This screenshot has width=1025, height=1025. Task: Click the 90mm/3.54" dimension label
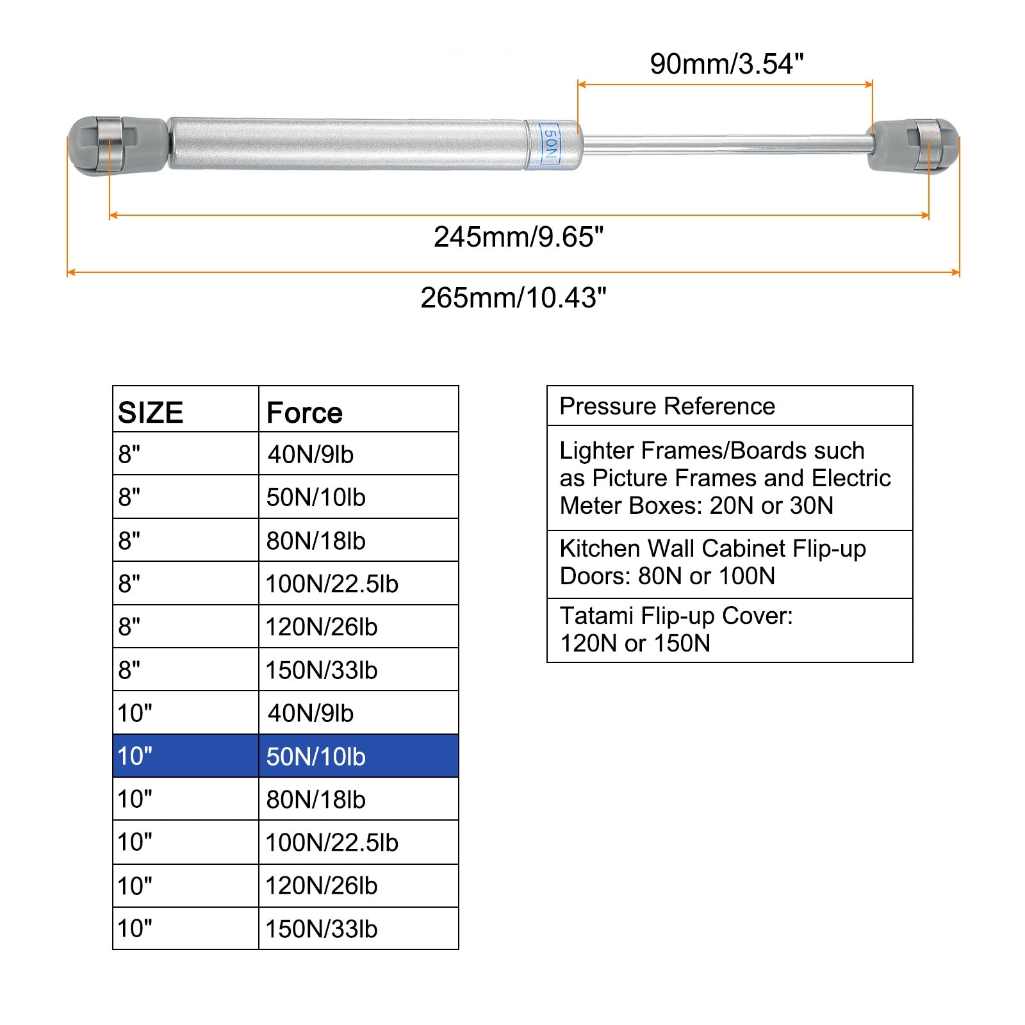(x=726, y=64)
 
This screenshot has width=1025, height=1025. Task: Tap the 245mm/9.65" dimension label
(x=518, y=237)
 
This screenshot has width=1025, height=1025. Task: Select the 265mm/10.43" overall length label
(x=513, y=298)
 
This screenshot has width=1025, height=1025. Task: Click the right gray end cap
(x=915, y=145)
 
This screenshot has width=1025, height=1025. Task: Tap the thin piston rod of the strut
(x=724, y=143)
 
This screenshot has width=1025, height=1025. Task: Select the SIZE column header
(x=151, y=413)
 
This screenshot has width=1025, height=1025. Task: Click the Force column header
(x=304, y=413)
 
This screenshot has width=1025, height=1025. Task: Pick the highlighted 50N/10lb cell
(x=316, y=757)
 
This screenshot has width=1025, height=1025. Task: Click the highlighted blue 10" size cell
(x=135, y=757)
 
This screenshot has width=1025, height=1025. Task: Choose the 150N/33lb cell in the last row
(x=322, y=929)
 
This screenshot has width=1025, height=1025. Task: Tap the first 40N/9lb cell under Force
(x=311, y=454)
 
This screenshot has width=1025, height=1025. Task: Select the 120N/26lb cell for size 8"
(x=322, y=627)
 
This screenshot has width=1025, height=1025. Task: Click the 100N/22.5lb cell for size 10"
(x=332, y=842)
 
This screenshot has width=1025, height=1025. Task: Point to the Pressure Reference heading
(x=667, y=406)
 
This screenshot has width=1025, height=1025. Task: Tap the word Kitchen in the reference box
(x=600, y=549)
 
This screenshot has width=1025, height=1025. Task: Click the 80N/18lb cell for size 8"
(x=316, y=541)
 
